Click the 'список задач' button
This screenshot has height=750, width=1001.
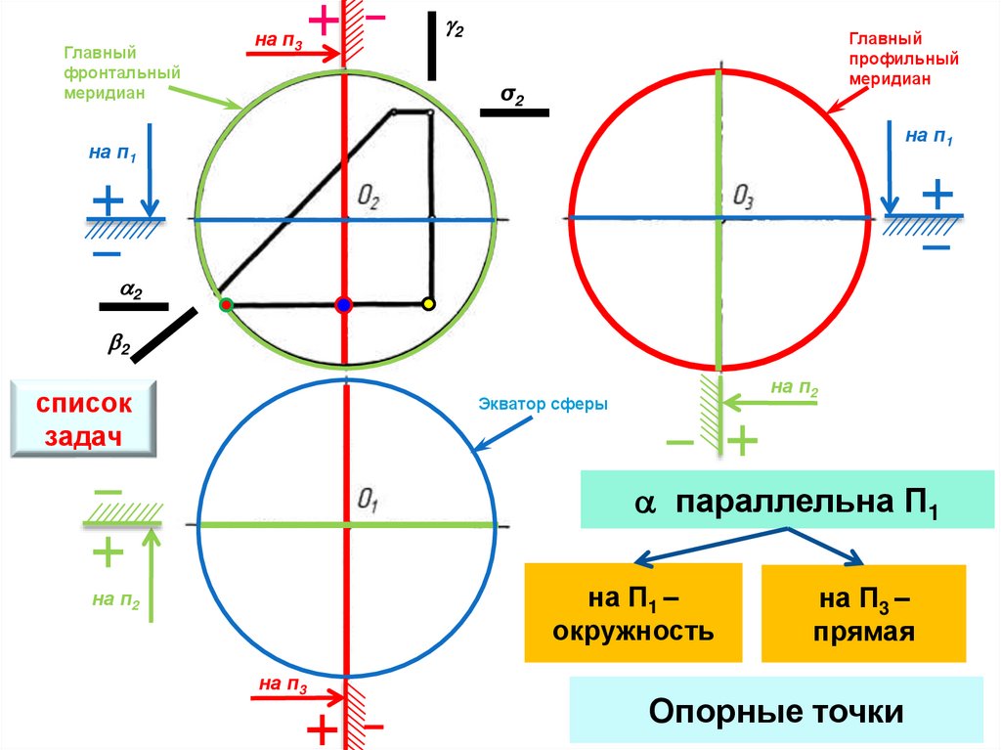pyautogui.click(x=84, y=419)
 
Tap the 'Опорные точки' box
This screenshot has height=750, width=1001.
pyautogui.click(x=777, y=711)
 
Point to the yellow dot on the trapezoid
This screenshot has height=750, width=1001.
pyautogui.click(x=427, y=304)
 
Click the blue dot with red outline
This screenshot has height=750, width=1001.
pyautogui.click(x=342, y=305)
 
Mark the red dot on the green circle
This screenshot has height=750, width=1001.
pyautogui.click(x=226, y=305)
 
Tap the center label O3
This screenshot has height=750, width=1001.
pyautogui.click(x=743, y=199)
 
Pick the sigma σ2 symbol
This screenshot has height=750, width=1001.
pyautogui.click(x=512, y=95)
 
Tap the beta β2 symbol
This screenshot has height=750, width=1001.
pyautogui.click(x=118, y=343)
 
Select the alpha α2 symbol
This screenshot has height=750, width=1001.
pyautogui.click(x=131, y=290)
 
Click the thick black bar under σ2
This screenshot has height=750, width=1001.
pyautogui.click(x=514, y=112)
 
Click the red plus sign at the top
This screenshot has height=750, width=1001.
pyautogui.click(x=323, y=19)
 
